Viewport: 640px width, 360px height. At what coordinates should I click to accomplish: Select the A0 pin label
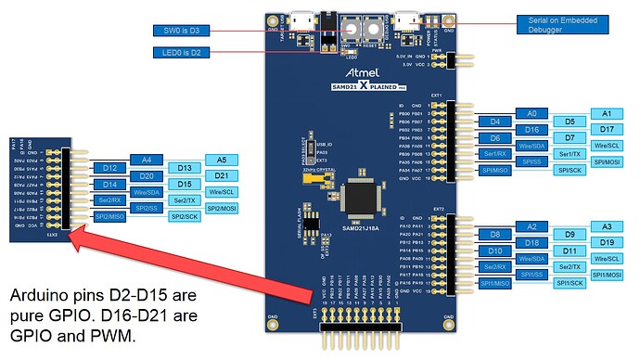click(x=531, y=112)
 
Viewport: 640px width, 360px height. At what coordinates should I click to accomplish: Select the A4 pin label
click(x=146, y=160)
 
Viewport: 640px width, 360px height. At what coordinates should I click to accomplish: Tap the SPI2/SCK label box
click(x=184, y=217)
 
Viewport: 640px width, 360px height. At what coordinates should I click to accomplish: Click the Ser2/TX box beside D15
click(x=184, y=200)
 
